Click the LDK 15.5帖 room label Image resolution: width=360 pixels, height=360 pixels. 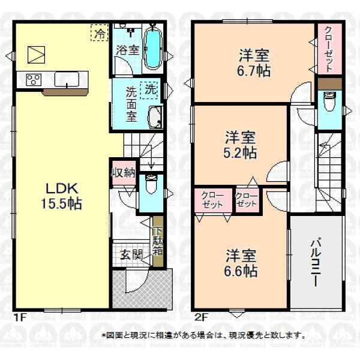tap(62, 196)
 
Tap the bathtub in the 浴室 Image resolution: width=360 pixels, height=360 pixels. tap(152, 49)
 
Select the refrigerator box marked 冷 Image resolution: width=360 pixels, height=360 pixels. tap(99, 32)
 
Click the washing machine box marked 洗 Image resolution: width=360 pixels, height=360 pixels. tap(149, 90)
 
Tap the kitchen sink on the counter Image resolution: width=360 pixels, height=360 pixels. tap(67, 79)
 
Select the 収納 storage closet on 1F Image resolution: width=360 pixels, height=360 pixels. tap(124, 173)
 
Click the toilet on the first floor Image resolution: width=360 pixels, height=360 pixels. tap(151, 184)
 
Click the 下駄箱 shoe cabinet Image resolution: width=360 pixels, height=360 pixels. tap(158, 242)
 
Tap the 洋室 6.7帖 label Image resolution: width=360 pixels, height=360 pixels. tap(254, 62)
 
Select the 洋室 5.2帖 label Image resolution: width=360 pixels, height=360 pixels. tap(240, 145)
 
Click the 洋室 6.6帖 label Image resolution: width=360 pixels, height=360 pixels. tap(241, 263)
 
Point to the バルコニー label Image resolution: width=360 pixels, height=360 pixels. tap(316, 262)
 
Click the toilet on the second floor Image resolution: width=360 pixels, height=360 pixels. tap(329, 101)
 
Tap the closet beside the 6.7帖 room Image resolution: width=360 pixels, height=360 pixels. tap(329, 49)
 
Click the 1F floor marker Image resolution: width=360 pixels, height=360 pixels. tap(19, 318)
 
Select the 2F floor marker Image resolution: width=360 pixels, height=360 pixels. tap(201, 318)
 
